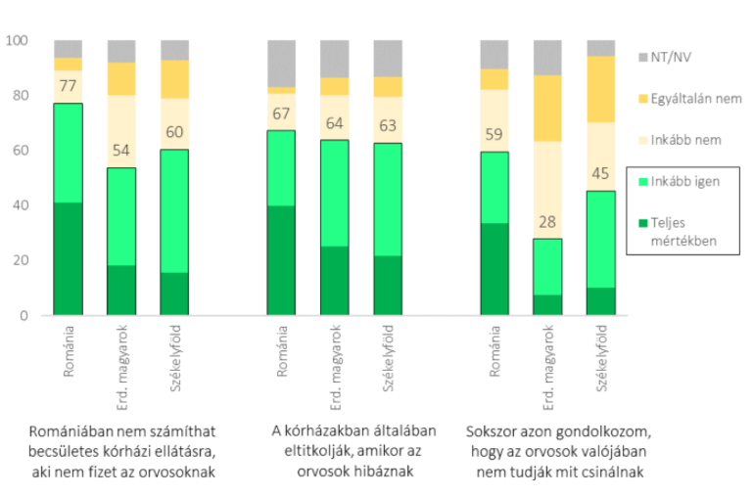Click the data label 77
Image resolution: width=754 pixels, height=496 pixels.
click(69, 86)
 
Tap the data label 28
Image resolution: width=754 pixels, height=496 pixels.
click(547, 222)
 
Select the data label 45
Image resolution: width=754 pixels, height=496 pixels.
click(600, 174)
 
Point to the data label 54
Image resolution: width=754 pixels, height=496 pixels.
click(122, 151)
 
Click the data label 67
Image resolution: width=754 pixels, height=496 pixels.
click(281, 114)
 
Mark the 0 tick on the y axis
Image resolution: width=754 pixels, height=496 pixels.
click(23, 316)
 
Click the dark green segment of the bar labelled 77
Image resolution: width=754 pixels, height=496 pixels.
click(69, 259)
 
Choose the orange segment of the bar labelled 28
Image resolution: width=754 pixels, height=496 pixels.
click(547, 108)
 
